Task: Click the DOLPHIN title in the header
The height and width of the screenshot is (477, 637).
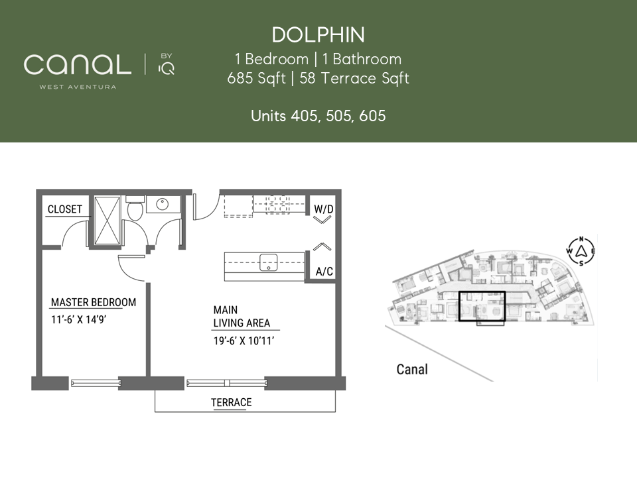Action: coord(318,35)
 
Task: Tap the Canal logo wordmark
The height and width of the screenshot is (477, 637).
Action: coord(78,64)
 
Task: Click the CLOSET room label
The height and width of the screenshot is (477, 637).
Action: coord(65,209)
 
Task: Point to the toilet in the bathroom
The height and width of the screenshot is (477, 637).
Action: coord(135,207)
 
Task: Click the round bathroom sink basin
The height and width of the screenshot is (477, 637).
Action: coord(163,203)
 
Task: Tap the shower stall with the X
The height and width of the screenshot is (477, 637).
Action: coord(107,221)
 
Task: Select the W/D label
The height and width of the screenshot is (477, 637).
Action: coord(324,209)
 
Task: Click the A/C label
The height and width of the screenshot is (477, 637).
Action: coord(324,272)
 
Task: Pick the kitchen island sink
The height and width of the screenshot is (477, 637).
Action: coord(269,262)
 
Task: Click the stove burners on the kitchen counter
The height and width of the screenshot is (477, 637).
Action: coord(277,204)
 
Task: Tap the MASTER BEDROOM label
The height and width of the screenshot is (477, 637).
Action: coord(94,303)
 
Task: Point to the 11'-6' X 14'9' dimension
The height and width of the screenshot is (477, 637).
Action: coord(78,319)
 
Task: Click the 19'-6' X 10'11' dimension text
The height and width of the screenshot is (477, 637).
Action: coord(244,341)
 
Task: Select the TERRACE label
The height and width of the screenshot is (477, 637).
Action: coord(231,402)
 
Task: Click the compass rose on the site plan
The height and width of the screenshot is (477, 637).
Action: coord(581,251)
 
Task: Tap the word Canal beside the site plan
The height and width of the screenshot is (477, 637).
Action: coord(412,369)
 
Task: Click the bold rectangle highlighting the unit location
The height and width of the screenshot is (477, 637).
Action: coord(482,291)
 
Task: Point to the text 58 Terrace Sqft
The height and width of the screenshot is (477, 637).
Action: coord(354,78)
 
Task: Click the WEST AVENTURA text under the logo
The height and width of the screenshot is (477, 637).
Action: coord(78,87)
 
